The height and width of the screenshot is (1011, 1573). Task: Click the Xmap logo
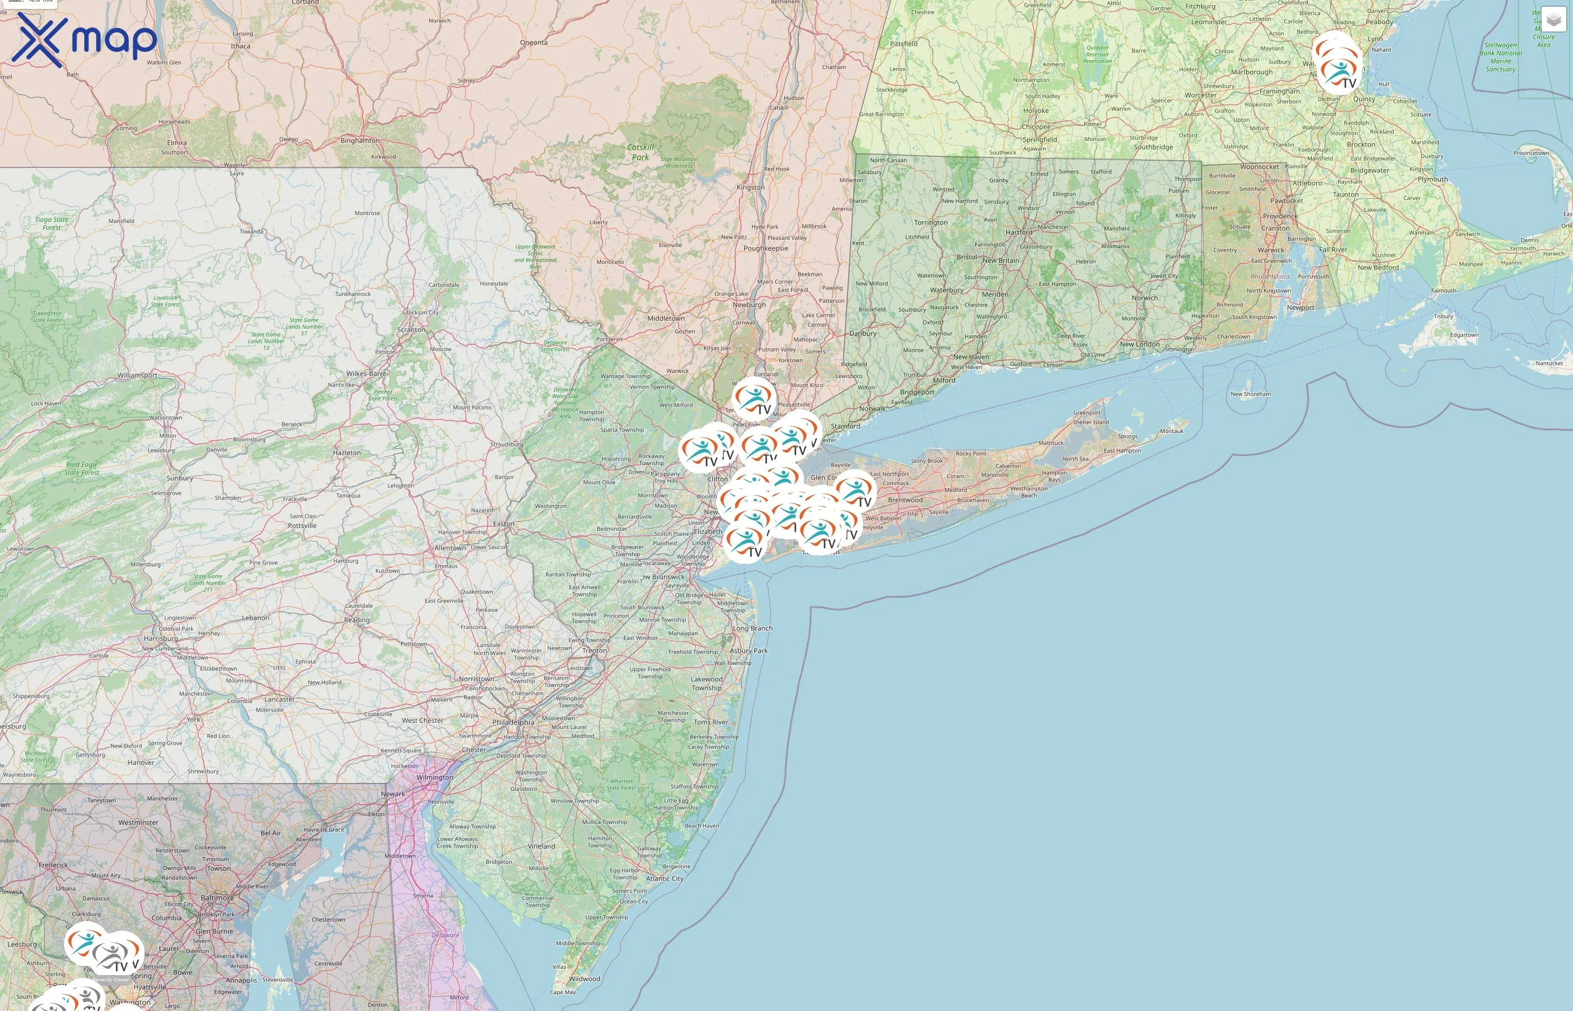coord(84,39)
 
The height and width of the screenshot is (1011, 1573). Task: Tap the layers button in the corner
coord(1553,20)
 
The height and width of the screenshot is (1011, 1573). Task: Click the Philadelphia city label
coord(513,722)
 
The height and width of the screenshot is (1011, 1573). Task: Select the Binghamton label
coord(360,140)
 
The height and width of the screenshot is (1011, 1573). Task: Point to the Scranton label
coord(411,330)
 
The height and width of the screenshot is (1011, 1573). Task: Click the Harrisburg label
coord(161,638)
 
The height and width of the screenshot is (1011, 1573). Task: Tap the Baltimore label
coord(217,898)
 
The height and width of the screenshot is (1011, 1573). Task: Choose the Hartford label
coord(1019,233)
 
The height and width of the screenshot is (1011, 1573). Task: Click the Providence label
coord(1280,216)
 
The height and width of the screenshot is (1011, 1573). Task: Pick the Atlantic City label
coord(665,878)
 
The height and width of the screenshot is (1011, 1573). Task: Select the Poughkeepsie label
coord(766,248)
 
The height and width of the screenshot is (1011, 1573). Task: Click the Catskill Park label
coord(640,152)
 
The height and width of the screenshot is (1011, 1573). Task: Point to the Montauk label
coord(1171,431)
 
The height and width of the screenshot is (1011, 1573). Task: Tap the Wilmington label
coord(435,777)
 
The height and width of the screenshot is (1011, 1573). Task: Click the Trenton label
coord(594,650)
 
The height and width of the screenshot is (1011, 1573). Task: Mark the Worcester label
coord(1201,95)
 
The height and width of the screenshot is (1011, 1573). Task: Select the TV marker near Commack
coord(855,490)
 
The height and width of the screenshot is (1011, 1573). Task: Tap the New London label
coord(1140,344)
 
